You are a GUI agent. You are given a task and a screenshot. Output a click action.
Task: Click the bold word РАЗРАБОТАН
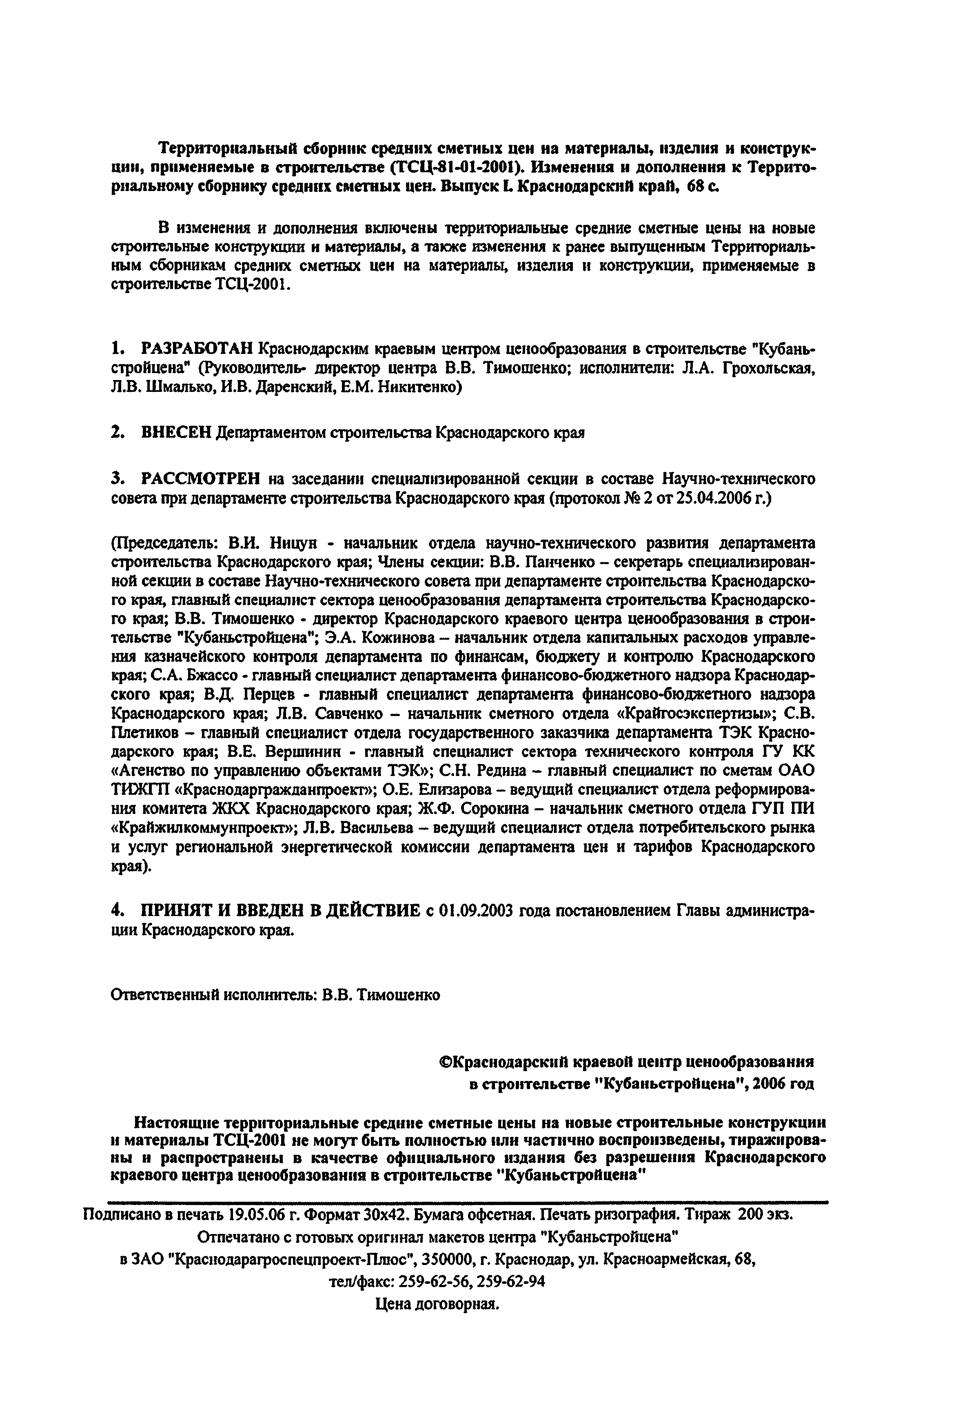click(x=198, y=349)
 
